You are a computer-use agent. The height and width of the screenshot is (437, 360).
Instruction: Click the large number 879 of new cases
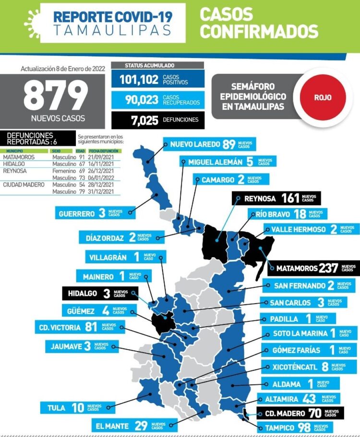click(x=56, y=94)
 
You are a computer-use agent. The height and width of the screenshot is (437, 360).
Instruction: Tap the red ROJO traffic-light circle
click(x=323, y=97)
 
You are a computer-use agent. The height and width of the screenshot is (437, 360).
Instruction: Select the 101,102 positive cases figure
click(x=134, y=79)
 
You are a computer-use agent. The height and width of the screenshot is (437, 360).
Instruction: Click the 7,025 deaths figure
click(x=139, y=120)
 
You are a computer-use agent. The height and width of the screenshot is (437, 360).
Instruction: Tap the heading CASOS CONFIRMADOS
click(x=259, y=23)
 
